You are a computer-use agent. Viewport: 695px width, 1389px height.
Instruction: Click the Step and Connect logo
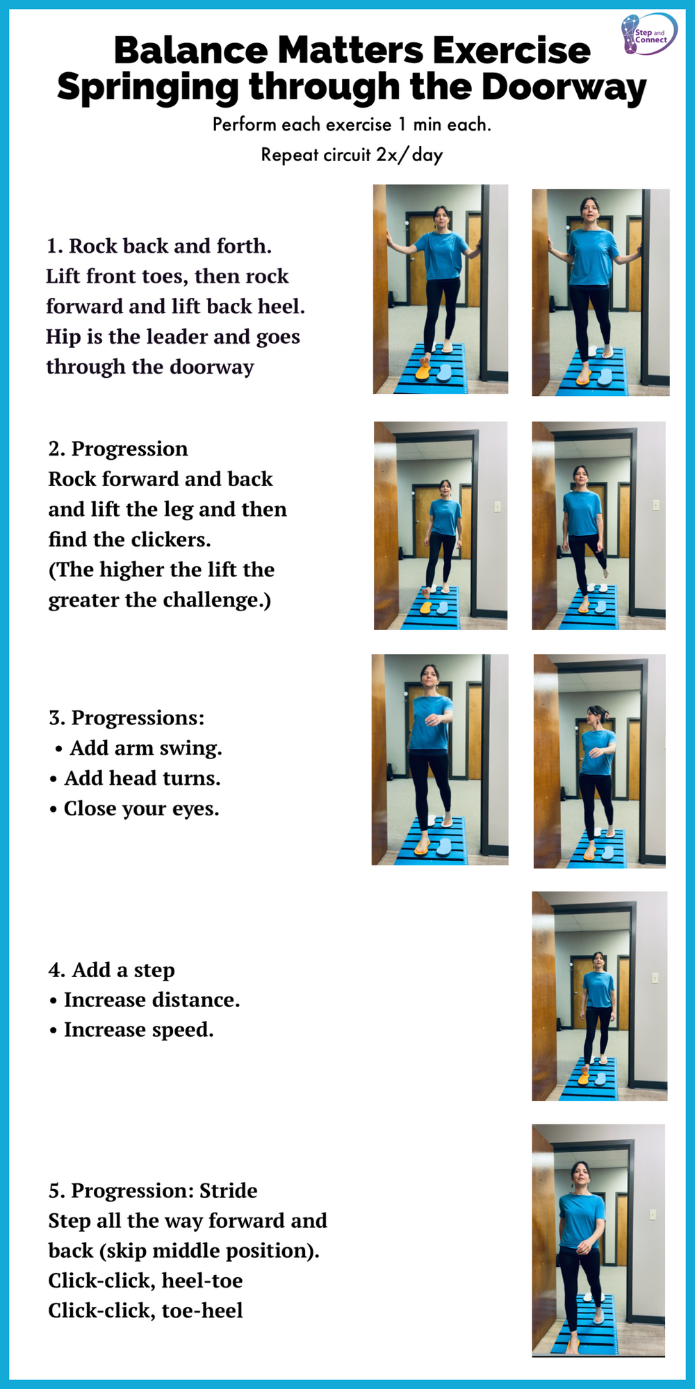[x=648, y=33]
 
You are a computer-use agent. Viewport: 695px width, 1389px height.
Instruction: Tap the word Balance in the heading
[x=190, y=51]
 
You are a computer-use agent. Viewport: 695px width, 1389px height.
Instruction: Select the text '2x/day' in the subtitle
[x=409, y=155]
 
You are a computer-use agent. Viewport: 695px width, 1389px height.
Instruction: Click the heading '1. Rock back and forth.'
[x=159, y=246]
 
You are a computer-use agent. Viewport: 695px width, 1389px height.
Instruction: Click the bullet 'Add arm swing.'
[x=146, y=748]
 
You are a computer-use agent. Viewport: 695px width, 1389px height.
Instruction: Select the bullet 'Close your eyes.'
[x=141, y=808]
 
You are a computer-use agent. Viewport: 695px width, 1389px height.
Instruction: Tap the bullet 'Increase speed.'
[x=138, y=1030]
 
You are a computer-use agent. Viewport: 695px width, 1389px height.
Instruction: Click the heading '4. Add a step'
[x=112, y=970]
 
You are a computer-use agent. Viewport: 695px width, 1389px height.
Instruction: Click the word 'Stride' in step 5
[x=228, y=1191]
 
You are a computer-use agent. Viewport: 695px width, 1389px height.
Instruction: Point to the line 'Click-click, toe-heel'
[x=145, y=1311]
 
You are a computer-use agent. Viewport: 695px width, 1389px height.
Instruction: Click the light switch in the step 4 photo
[x=654, y=978]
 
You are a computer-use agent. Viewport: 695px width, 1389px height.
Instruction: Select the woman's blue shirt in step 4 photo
[x=598, y=989]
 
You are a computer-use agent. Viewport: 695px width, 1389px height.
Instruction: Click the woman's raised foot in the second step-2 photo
[x=605, y=573]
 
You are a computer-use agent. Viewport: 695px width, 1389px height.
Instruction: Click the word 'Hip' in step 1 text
[x=63, y=337]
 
